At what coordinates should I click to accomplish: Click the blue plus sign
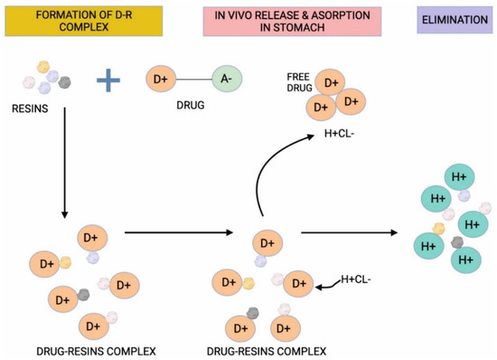(x=108, y=81)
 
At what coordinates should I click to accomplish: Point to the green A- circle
(x=226, y=80)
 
